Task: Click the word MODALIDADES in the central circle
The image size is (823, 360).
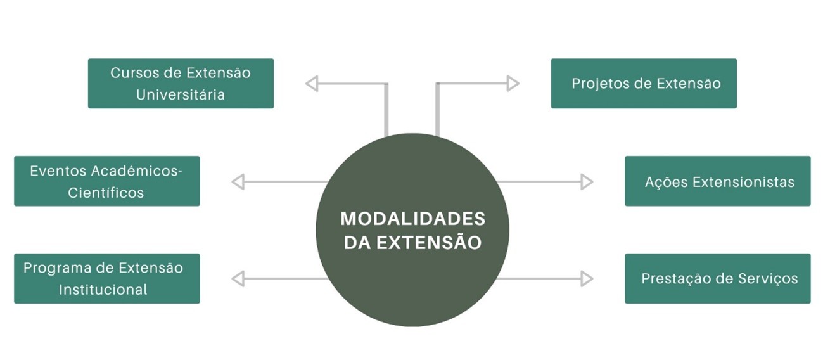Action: pyautogui.click(x=412, y=219)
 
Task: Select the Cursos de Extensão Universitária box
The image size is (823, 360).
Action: pyautogui.click(x=181, y=83)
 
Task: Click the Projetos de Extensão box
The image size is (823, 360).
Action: pyautogui.click(x=643, y=83)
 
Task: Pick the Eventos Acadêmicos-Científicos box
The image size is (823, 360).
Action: pyautogui.click(x=106, y=181)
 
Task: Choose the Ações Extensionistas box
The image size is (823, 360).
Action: pyautogui.click(x=717, y=181)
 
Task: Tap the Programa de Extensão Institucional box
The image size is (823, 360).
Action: pyautogui.click(x=106, y=278)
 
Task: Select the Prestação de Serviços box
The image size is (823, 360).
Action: pyautogui.click(x=717, y=278)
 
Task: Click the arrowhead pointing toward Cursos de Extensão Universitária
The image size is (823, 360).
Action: pyautogui.click(x=312, y=83)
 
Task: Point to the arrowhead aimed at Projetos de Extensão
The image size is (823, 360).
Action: pyautogui.click(x=513, y=83)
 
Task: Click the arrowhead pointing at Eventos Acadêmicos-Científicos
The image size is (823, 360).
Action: pyautogui.click(x=238, y=182)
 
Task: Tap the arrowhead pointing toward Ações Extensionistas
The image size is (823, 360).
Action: pyautogui.click(x=587, y=182)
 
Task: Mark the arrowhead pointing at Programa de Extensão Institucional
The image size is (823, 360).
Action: pyautogui.click(x=238, y=278)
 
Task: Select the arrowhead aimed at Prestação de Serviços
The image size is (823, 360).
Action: pyautogui.click(x=587, y=278)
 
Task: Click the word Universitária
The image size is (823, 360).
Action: pyautogui.click(x=181, y=95)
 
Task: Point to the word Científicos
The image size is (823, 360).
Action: pyautogui.click(x=106, y=193)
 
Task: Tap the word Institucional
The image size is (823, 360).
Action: pyautogui.click(x=103, y=290)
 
